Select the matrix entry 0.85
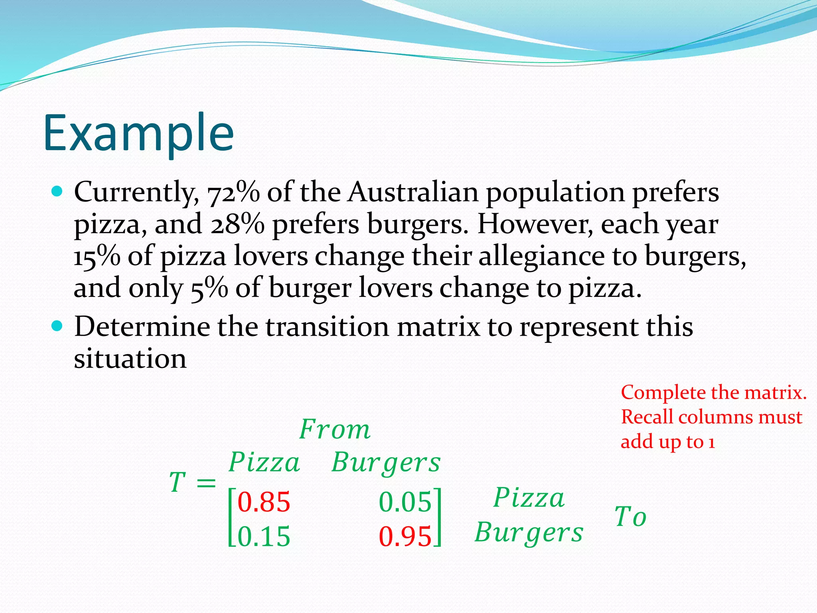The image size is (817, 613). click(x=264, y=502)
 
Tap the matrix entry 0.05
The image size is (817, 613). click(x=405, y=502)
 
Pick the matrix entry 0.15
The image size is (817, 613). click(x=264, y=536)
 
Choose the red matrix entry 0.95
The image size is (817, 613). click(x=405, y=536)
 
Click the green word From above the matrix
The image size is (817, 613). click(x=335, y=430)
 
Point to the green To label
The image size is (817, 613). click(x=630, y=517)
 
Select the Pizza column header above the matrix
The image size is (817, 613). click(x=264, y=463)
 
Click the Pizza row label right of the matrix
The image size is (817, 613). click(x=529, y=498)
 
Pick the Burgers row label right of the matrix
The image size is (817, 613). click(x=529, y=533)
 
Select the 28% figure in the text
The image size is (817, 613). click(x=237, y=225)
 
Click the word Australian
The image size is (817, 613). click(x=413, y=192)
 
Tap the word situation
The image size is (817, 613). click(x=130, y=359)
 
